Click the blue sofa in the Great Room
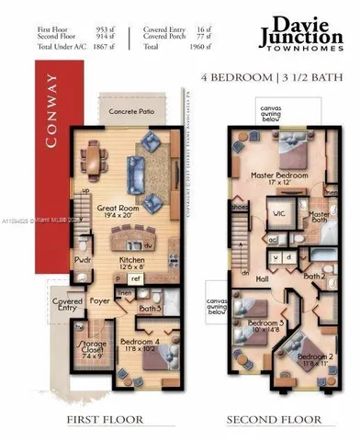(x=135, y=169)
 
